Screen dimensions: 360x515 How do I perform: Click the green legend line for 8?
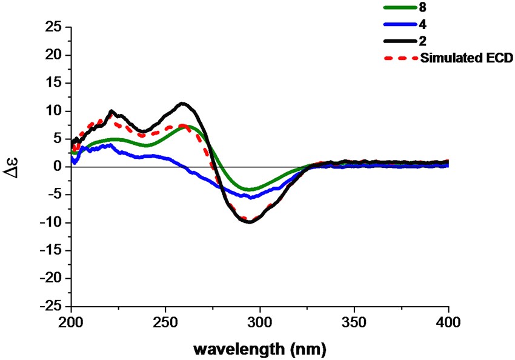(399, 7)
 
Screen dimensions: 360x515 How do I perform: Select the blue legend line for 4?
(399, 25)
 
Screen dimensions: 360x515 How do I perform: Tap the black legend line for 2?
(399, 42)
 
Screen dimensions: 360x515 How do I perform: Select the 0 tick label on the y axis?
(58, 166)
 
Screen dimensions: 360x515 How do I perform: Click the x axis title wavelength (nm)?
(259, 348)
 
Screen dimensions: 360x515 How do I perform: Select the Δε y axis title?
(15, 166)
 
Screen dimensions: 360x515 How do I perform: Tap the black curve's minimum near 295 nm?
(249, 222)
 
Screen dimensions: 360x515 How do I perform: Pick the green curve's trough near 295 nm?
(249, 190)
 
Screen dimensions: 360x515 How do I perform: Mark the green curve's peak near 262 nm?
(188, 127)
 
